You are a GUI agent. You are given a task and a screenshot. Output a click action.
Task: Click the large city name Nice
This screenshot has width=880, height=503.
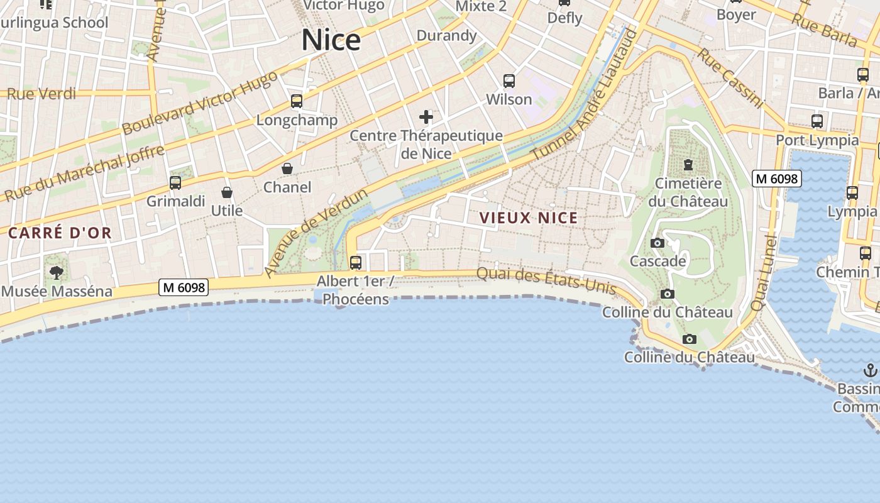click(x=331, y=40)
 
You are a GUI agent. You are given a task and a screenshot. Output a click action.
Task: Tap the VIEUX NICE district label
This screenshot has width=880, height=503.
click(x=529, y=218)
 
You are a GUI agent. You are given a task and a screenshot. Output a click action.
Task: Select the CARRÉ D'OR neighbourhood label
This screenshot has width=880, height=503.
click(x=60, y=233)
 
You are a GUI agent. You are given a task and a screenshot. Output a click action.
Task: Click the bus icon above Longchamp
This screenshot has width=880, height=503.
click(x=296, y=101)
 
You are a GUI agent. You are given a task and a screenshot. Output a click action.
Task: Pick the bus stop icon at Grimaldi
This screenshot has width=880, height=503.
click(x=175, y=183)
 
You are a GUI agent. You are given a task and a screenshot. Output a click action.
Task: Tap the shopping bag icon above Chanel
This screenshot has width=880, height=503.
click(x=287, y=169)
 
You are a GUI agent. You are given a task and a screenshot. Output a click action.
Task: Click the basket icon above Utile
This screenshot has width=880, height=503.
click(x=227, y=192)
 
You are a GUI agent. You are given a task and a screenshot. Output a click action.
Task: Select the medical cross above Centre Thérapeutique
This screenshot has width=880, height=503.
click(x=426, y=117)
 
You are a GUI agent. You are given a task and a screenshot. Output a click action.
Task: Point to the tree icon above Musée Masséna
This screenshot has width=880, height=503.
click(x=57, y=272)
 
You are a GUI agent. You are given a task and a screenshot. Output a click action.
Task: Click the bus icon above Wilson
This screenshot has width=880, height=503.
click(x=509, y=81)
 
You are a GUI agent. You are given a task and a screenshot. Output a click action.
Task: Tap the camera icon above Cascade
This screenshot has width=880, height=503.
click(x=657, y=243)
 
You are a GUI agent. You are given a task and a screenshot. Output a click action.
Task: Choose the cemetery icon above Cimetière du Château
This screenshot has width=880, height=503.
click(x=688, y=165)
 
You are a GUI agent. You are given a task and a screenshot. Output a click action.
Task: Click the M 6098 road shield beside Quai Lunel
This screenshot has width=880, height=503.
click(x=776, y=179)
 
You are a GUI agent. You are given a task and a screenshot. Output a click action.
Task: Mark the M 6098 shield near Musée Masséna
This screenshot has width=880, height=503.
click(x=184, y=287)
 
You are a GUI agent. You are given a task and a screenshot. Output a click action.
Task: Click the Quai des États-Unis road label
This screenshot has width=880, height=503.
click(x=546, y=280)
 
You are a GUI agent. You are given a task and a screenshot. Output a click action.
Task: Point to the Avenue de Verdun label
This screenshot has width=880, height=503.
click(x=316, y=233)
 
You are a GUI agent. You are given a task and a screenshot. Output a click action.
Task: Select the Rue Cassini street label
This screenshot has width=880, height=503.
click(x=730, y=78)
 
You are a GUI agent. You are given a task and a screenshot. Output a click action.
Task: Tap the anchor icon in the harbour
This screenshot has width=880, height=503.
click(x=871, y=370)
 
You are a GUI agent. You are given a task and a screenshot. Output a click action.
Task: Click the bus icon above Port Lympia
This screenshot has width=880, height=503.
click(x=817, y=121)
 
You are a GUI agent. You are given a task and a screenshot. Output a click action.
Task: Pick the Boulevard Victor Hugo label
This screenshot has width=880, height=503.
click(x=199, y=102)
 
